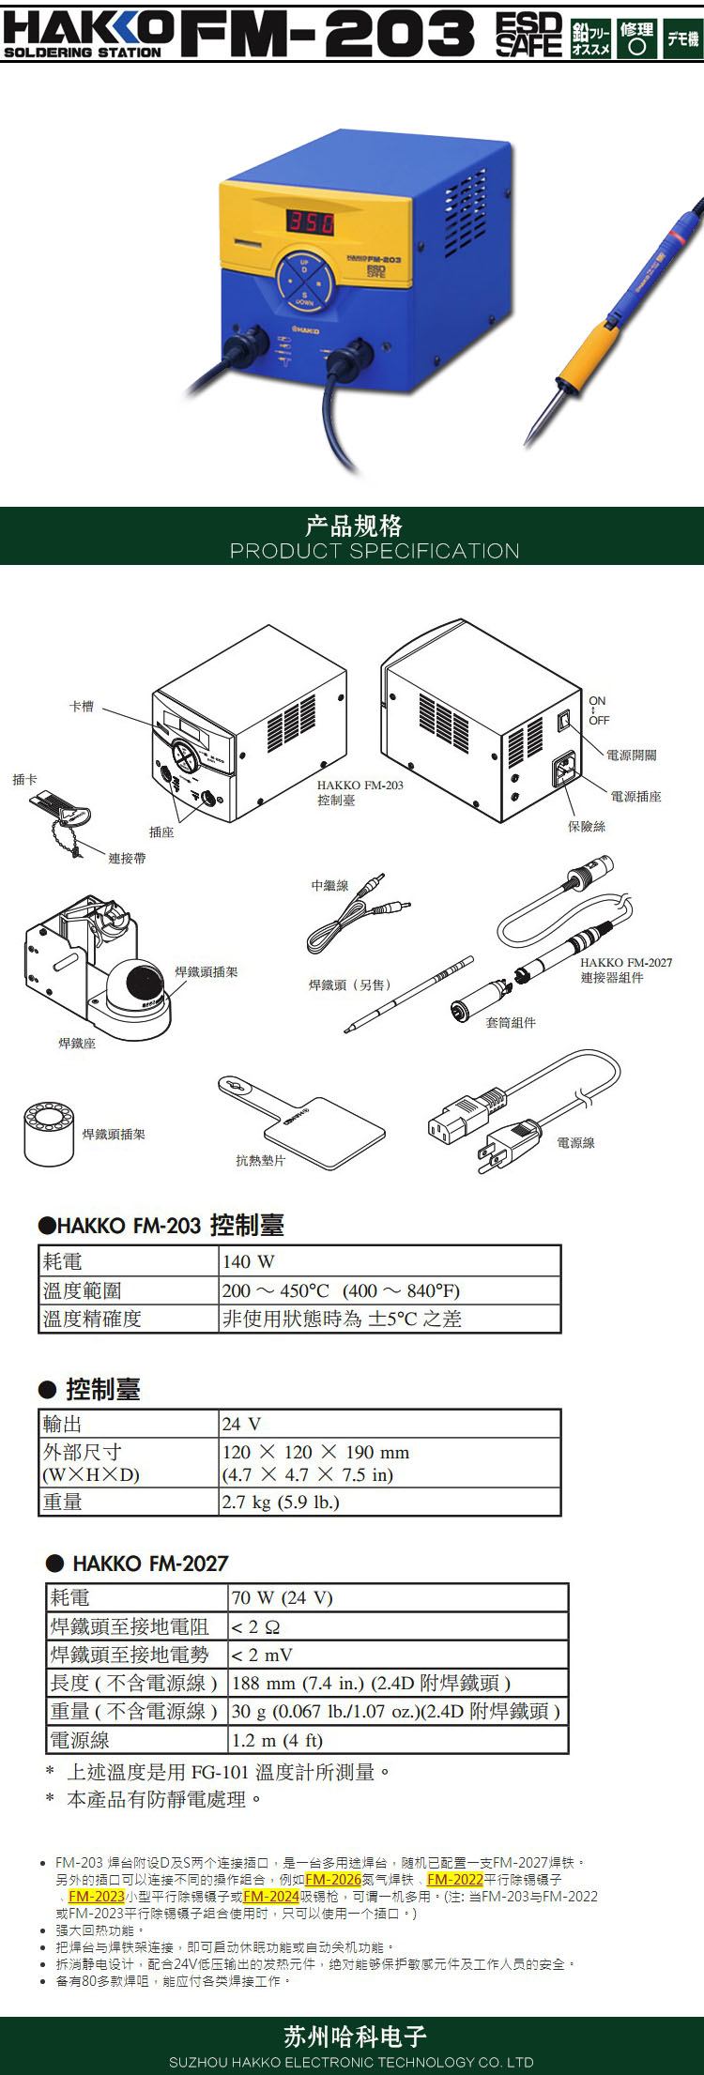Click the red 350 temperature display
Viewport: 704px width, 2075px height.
pos(311,221)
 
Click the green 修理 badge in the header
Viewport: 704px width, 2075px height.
pos(636,38)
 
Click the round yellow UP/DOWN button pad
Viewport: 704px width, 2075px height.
pos(303,280)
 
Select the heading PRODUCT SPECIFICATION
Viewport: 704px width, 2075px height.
pos(375,551)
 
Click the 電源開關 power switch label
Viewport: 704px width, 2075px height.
pos(631,755)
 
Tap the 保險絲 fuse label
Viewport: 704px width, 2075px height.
pos(587,826)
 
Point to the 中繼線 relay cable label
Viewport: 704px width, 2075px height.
pos(329,885)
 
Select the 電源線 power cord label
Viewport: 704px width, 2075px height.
pos(575,1142)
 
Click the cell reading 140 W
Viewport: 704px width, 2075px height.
pos(249,1261)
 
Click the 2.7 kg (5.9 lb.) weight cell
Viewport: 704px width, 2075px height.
pos(281,1502)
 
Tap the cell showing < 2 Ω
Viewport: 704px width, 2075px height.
pos(255,1626)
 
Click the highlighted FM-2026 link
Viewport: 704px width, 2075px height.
pos(333,1879)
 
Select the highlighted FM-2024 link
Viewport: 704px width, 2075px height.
pos(271,1896)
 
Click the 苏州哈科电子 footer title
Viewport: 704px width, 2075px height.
pos(355,2036)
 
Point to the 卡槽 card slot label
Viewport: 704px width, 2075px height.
pos(82,706)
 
